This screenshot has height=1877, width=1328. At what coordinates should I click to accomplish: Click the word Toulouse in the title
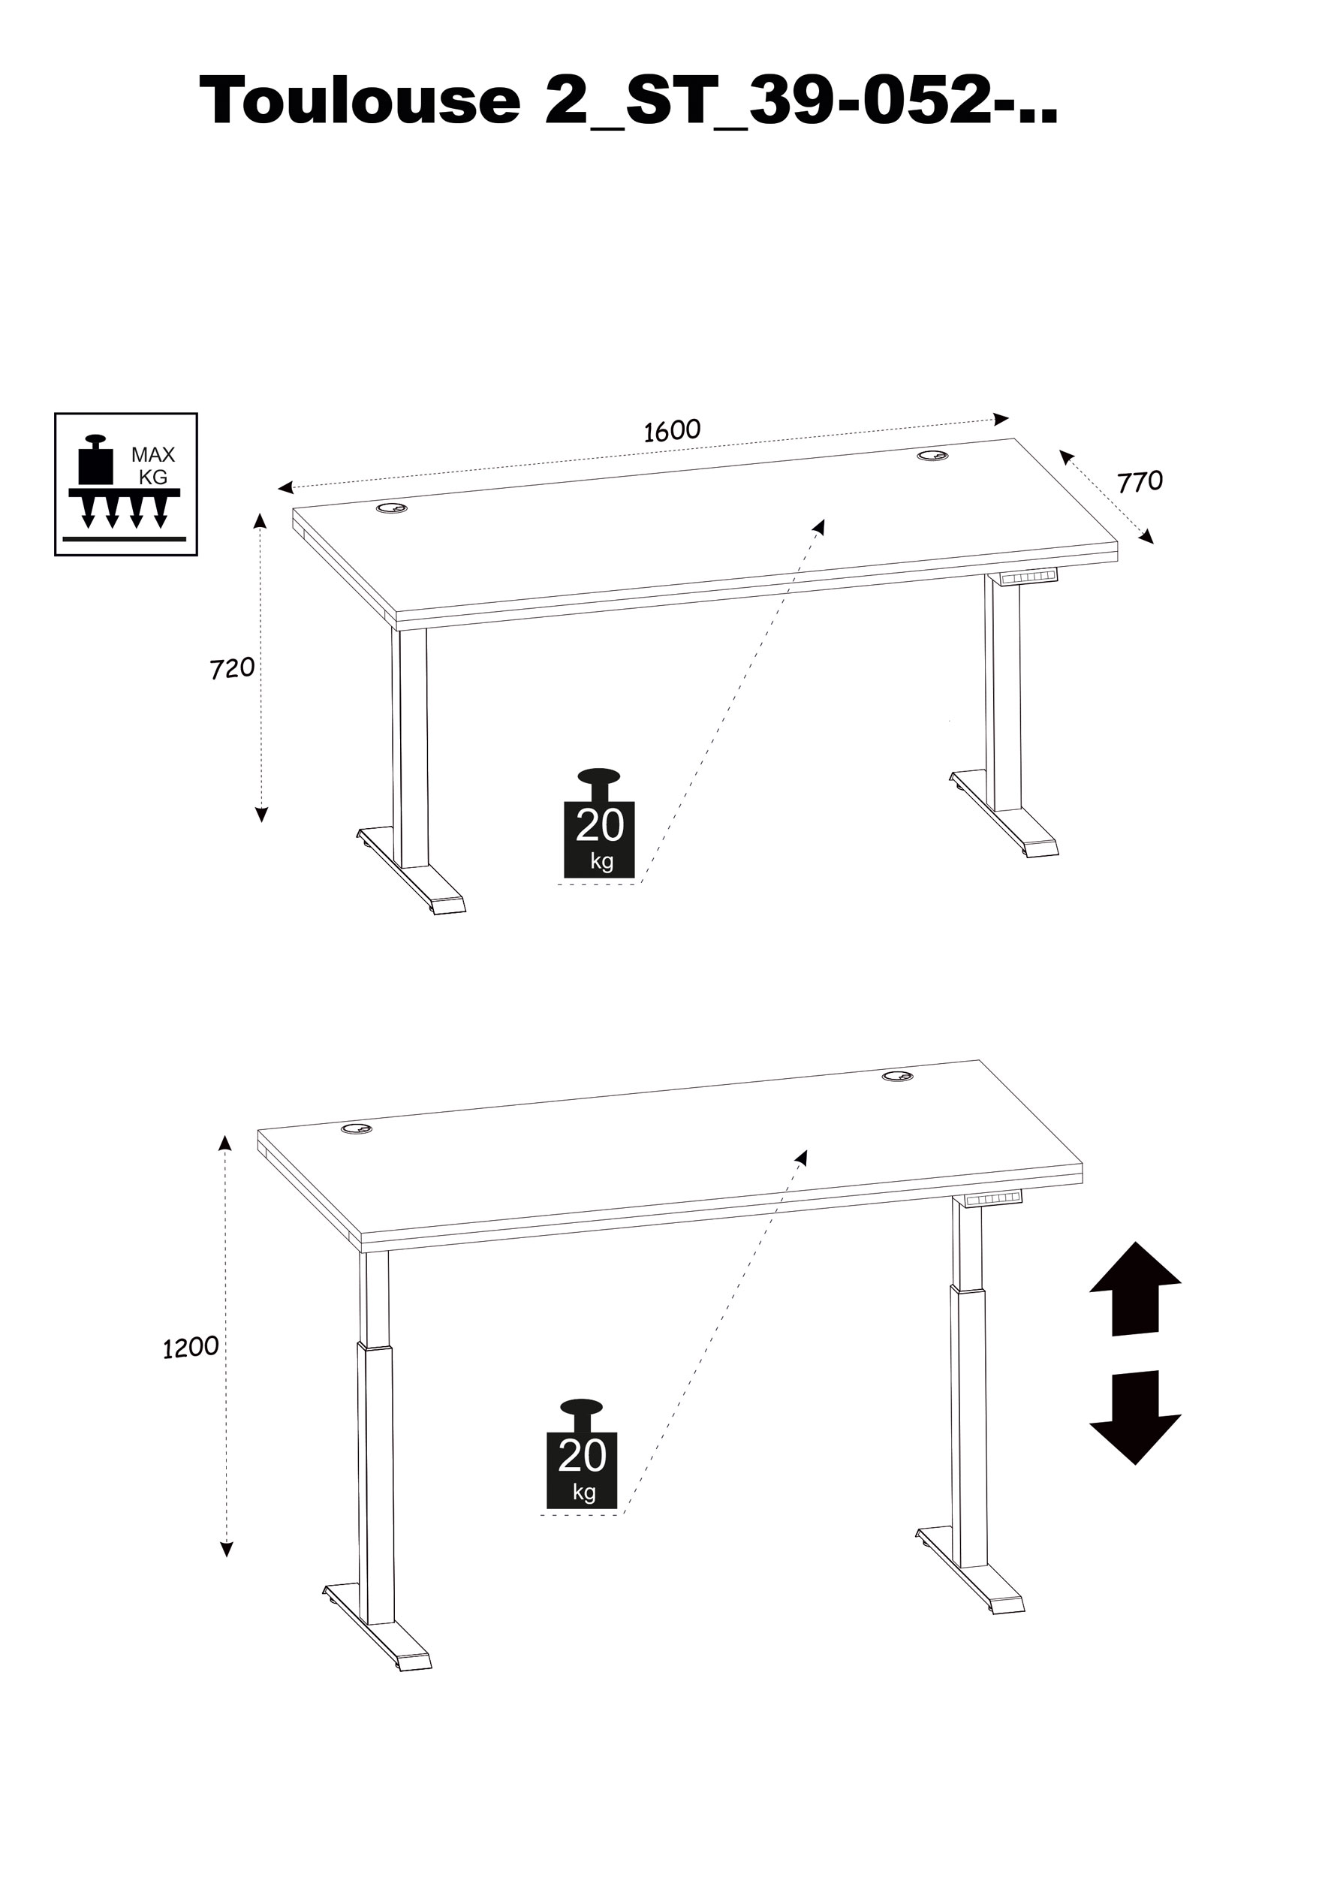[x=360, y=101]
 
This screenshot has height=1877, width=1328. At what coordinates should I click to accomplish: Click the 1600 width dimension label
[x=671, y=430]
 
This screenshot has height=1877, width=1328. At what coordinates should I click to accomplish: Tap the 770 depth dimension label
[x=1139, y=482]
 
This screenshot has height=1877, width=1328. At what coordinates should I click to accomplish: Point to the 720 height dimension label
[x=232, y=668]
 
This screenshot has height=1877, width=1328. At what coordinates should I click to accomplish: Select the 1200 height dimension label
[x=191, y=1346]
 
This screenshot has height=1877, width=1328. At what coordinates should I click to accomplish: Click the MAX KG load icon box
[x=126, y=484]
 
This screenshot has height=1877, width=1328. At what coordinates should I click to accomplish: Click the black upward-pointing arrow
[x=1134, y=1288]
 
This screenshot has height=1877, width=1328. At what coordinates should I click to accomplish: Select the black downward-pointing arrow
[x=1134, y=1416]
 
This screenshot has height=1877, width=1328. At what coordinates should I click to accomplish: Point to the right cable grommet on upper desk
[x=932, y=455]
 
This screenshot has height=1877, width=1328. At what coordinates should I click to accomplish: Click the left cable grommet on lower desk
[x=357, y=1128]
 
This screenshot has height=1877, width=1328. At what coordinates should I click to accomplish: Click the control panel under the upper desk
[x=1028, y=577]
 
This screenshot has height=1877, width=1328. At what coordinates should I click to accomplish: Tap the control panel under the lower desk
[x=992, y=1198]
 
